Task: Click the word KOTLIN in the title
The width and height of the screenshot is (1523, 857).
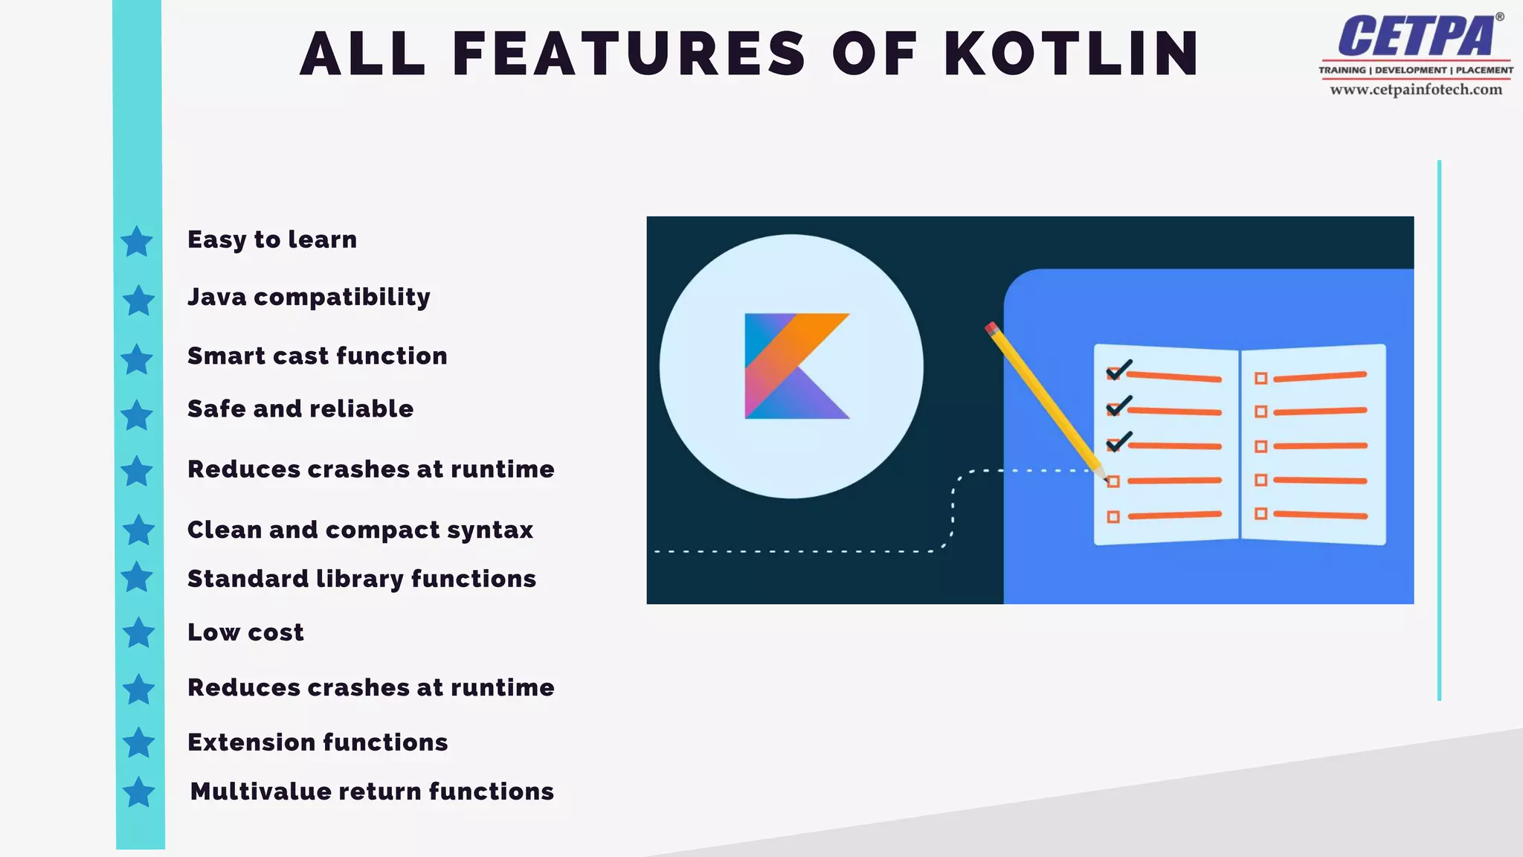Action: click(x=1072, y=54)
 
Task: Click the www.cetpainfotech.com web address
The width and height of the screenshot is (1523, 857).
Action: click(x=1416, y=90)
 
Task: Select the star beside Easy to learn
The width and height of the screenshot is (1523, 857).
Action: click(x=137, y=242)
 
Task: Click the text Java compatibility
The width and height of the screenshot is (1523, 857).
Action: click(x=309, y=297)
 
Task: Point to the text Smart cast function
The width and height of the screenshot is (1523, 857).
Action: click(x=317, y=356)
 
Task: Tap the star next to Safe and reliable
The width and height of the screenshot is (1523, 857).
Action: click(x=137, y=415)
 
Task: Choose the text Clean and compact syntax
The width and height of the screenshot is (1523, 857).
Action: click(x=360, y=530)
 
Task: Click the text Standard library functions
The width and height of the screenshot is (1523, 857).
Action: click(x=361, y=579)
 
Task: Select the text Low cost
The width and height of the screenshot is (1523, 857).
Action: click(x=245, y=632)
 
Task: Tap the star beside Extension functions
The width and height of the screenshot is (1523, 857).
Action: click(x=138, y=742)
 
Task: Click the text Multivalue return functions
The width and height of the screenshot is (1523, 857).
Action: click(x=372, y=792)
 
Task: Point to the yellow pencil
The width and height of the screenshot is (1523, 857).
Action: click(x=1045, y=398)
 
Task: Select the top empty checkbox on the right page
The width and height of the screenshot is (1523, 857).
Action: click(x=1260, y=379)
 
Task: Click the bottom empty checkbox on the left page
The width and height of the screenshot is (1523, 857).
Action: click(x=1113, y=517)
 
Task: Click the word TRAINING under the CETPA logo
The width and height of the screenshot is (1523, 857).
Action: click(x=1342, y=71)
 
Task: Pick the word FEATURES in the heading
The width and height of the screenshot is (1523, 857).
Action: click(x=628, y=54)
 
